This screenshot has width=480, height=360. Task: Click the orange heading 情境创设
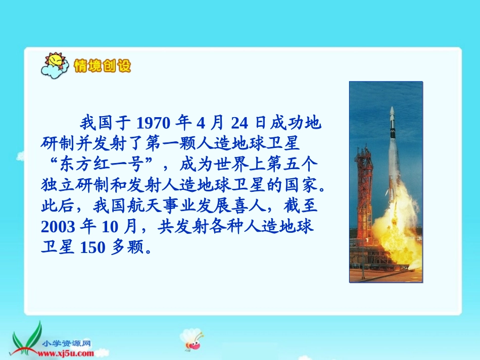[x=102, y=66]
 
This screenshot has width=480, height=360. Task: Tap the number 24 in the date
[x=241, y=123]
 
